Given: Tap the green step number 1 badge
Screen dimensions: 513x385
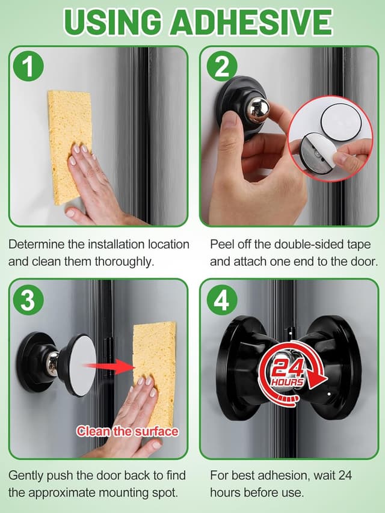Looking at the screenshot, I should [x=28, y=67].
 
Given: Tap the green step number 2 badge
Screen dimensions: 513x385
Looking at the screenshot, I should [x=221, y=67].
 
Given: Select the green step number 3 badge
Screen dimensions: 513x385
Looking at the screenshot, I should [x=28, y=300].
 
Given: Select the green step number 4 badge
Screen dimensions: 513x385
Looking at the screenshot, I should [x=221, y=300].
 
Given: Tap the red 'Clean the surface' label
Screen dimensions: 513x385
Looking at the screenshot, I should [x=127, y=431].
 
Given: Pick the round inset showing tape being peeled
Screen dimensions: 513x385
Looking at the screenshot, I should [x=330, y=138].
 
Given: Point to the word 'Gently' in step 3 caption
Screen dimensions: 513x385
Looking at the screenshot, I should [x=25, y=475].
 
